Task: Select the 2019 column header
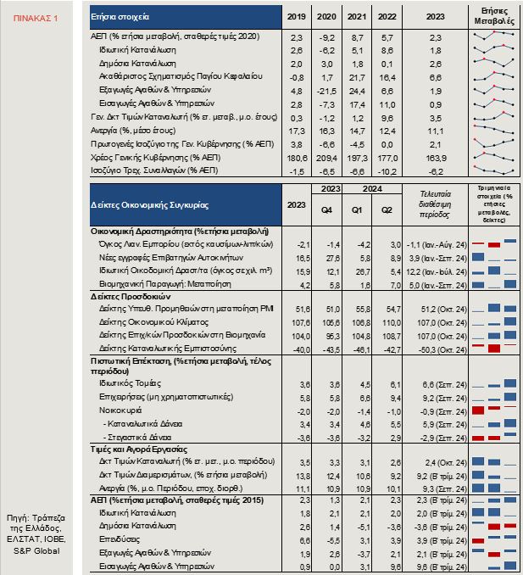[x=297, y=16]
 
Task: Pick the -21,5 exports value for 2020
[x=321, y=90]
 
